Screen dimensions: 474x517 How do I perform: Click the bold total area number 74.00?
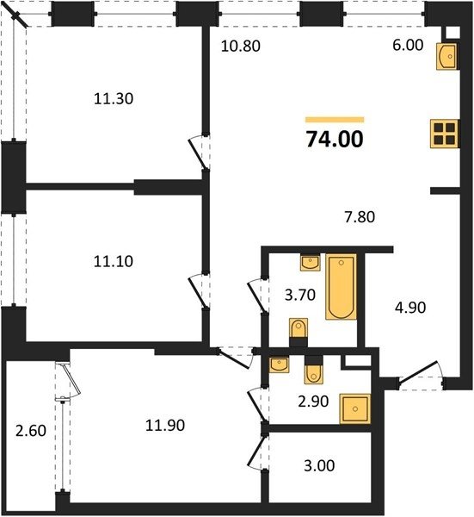(335, 139)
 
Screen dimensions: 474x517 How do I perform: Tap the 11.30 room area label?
(114, 98)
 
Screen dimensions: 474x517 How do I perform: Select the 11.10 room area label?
(114, 261)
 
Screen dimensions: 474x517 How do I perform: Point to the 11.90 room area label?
(165, 425)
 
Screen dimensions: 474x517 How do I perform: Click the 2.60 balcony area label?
(31, 431)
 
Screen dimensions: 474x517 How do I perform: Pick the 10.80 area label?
(241, 46)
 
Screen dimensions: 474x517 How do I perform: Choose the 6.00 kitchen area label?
(408, 45)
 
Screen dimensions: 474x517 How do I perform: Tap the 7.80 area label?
(360, 217)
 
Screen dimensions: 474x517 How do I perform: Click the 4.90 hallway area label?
(410, 308)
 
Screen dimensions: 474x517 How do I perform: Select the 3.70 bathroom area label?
(300, 295)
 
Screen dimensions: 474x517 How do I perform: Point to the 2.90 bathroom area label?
(313, 402)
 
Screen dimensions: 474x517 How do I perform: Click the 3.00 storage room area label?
(319, 465)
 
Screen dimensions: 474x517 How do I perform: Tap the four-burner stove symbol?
(445, 134)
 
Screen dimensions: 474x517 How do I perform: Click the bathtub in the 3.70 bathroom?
(341, 286)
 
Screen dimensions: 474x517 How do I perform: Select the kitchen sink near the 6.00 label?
(446, 56)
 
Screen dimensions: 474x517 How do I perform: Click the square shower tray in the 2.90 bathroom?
(354, 408)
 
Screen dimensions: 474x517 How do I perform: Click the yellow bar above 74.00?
(335, 120)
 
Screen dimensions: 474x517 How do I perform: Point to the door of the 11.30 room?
(198, 153)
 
